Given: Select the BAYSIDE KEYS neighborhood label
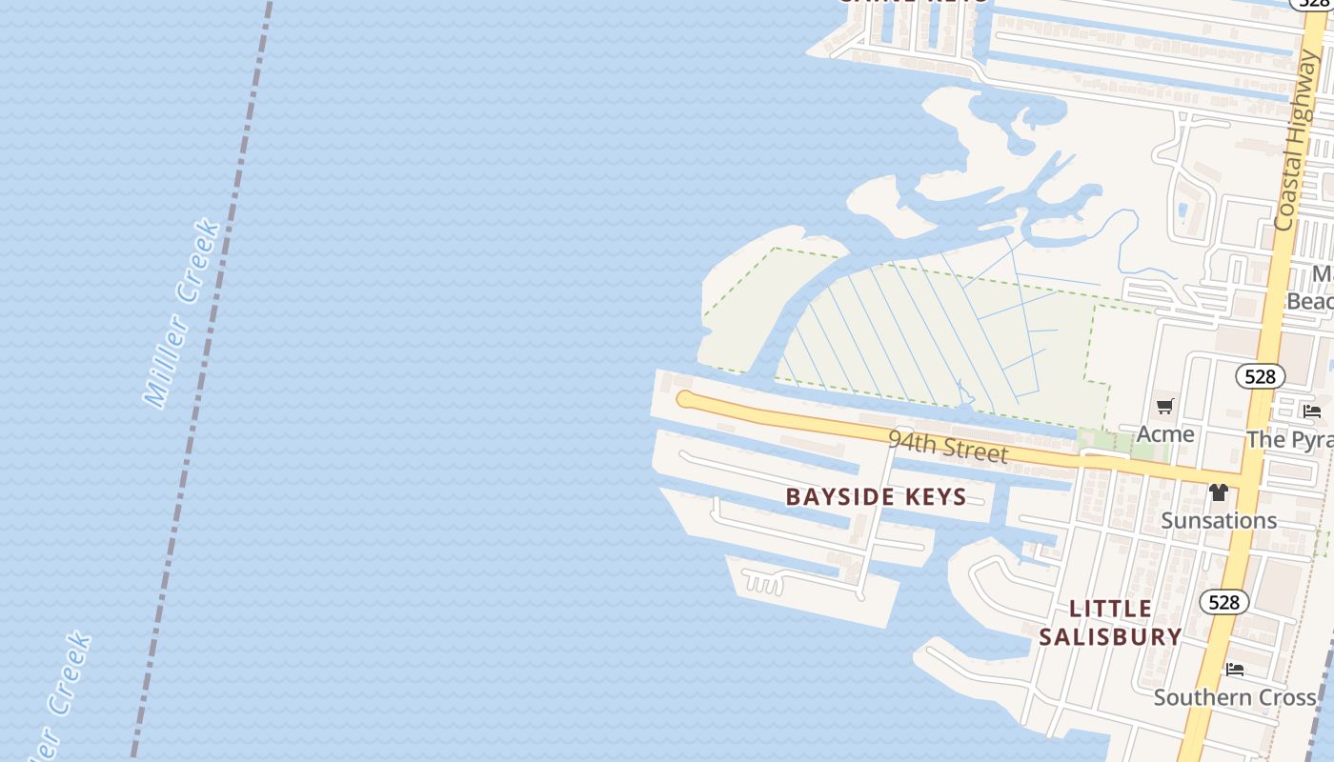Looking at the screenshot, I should pos(876,496).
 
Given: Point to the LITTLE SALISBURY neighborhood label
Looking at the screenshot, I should pos(1110,622).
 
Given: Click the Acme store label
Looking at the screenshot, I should pos(1164,434).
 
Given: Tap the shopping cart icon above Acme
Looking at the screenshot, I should pos(1164,408).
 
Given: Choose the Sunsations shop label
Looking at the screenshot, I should pos(1218,520).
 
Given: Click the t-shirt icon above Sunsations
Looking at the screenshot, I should pos(1218,492).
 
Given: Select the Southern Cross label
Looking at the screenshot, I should pos(1235,697).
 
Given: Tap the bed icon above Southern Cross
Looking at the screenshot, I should pos(1235,670).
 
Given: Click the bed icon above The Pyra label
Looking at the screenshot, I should pos(1312,411).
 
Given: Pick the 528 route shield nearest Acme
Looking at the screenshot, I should pos(1260,376).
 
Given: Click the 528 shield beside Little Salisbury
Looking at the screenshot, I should pos(1223,602).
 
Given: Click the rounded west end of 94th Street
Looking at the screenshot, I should pos(684,399).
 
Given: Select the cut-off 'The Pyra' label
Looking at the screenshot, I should pos(1290,439).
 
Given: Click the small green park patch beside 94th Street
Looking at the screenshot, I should pos(1096,441).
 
